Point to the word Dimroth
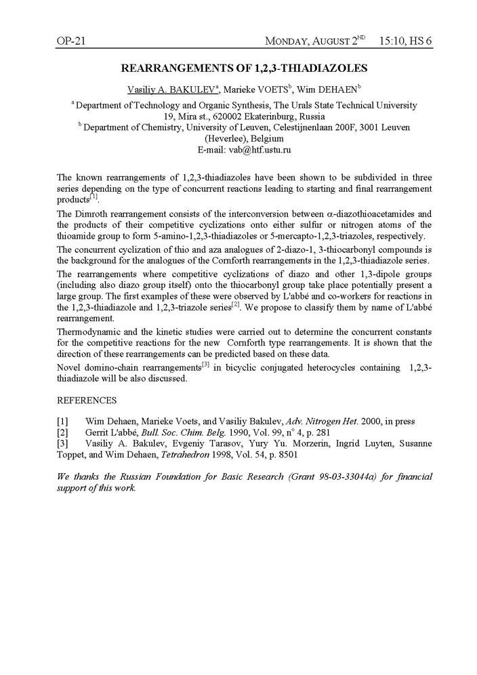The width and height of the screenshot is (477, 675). pyautogui.click(x=91, y=214)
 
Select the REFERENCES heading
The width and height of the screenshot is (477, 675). pyautogui.click(x=87, y=400)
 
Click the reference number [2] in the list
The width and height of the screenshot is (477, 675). pyautogui.click(x=62, y=432)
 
